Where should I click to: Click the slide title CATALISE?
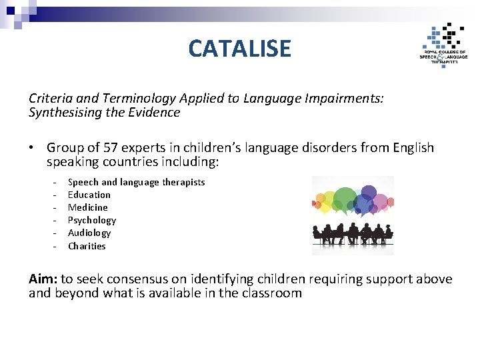pyautogui.click(x=239, y=48)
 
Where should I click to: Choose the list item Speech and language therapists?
pyautogui.click(x=136, y=182)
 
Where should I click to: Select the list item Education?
pyautogui.click(x=89, y=195)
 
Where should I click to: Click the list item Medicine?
pyautogui.click(x=87, y=207)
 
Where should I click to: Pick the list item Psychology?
pyautogui.click(x=92, y=220)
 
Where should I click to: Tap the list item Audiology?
pyautogui.click(x=89, y=233)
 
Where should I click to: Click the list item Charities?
pyautogui.click(x=87, y=246)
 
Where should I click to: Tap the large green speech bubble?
pyautogui.click(x=345, y=198)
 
